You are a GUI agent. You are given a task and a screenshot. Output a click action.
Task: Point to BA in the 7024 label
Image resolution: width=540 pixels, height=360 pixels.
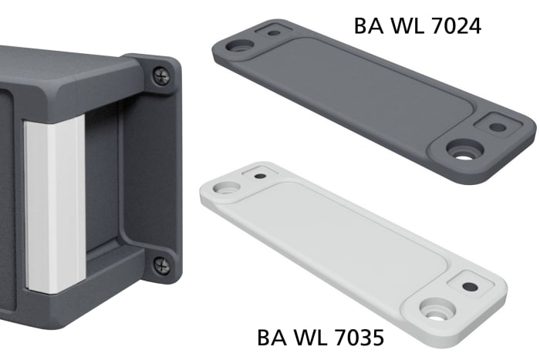pyautogui.click(x=367, y=25)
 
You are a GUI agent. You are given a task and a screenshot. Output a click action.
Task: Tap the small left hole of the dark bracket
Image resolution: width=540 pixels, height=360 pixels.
pyautogui.click(x=273, y=32)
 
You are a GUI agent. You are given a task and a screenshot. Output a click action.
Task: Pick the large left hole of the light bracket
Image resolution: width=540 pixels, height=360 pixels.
pyautogui.click(x=228, y=187)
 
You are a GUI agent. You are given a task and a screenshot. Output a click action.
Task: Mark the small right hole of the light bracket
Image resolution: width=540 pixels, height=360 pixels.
pyautogui.click(x=469, y=286)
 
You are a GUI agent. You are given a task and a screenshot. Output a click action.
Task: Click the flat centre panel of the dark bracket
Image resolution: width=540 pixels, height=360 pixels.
pyautogui.click(x=370, y=89)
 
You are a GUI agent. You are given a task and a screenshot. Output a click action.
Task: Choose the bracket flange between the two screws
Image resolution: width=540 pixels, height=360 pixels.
pyautogui.click(x=154, y=170)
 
